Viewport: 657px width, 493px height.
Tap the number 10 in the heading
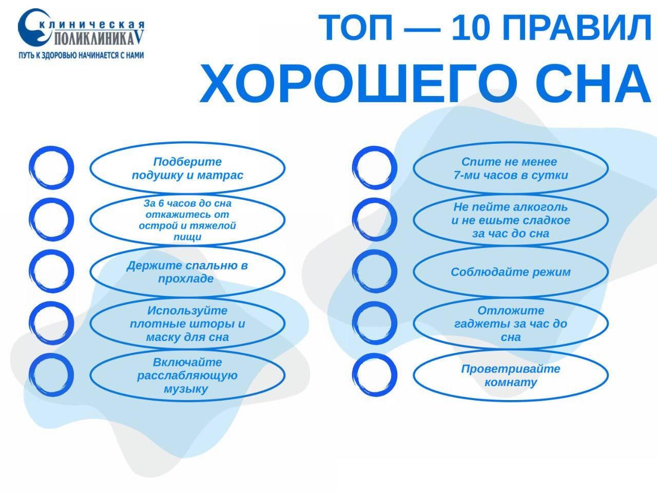tap(471, 28)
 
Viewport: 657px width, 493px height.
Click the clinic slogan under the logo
tap(81, 55)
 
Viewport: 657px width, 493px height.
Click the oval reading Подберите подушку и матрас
tap(187, 168)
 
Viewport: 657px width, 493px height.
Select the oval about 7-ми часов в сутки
tap(511, 168)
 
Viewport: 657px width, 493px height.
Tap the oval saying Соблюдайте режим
tap(511, 272)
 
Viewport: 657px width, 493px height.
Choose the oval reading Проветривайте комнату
tap(511, 375)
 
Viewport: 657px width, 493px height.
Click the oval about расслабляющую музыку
tap(187, 375)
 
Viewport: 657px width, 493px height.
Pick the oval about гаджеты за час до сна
tap(511, 324)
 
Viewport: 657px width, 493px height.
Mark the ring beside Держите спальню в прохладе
tap(30, 272)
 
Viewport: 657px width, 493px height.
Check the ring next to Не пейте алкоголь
tap(354, 220)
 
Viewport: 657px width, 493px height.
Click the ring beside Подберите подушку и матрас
tap(30, 168)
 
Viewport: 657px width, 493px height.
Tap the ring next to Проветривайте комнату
tap(354, 375)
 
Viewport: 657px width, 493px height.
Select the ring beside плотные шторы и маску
tap(30, 324)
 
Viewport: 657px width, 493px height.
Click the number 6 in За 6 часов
tap(161, 203)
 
